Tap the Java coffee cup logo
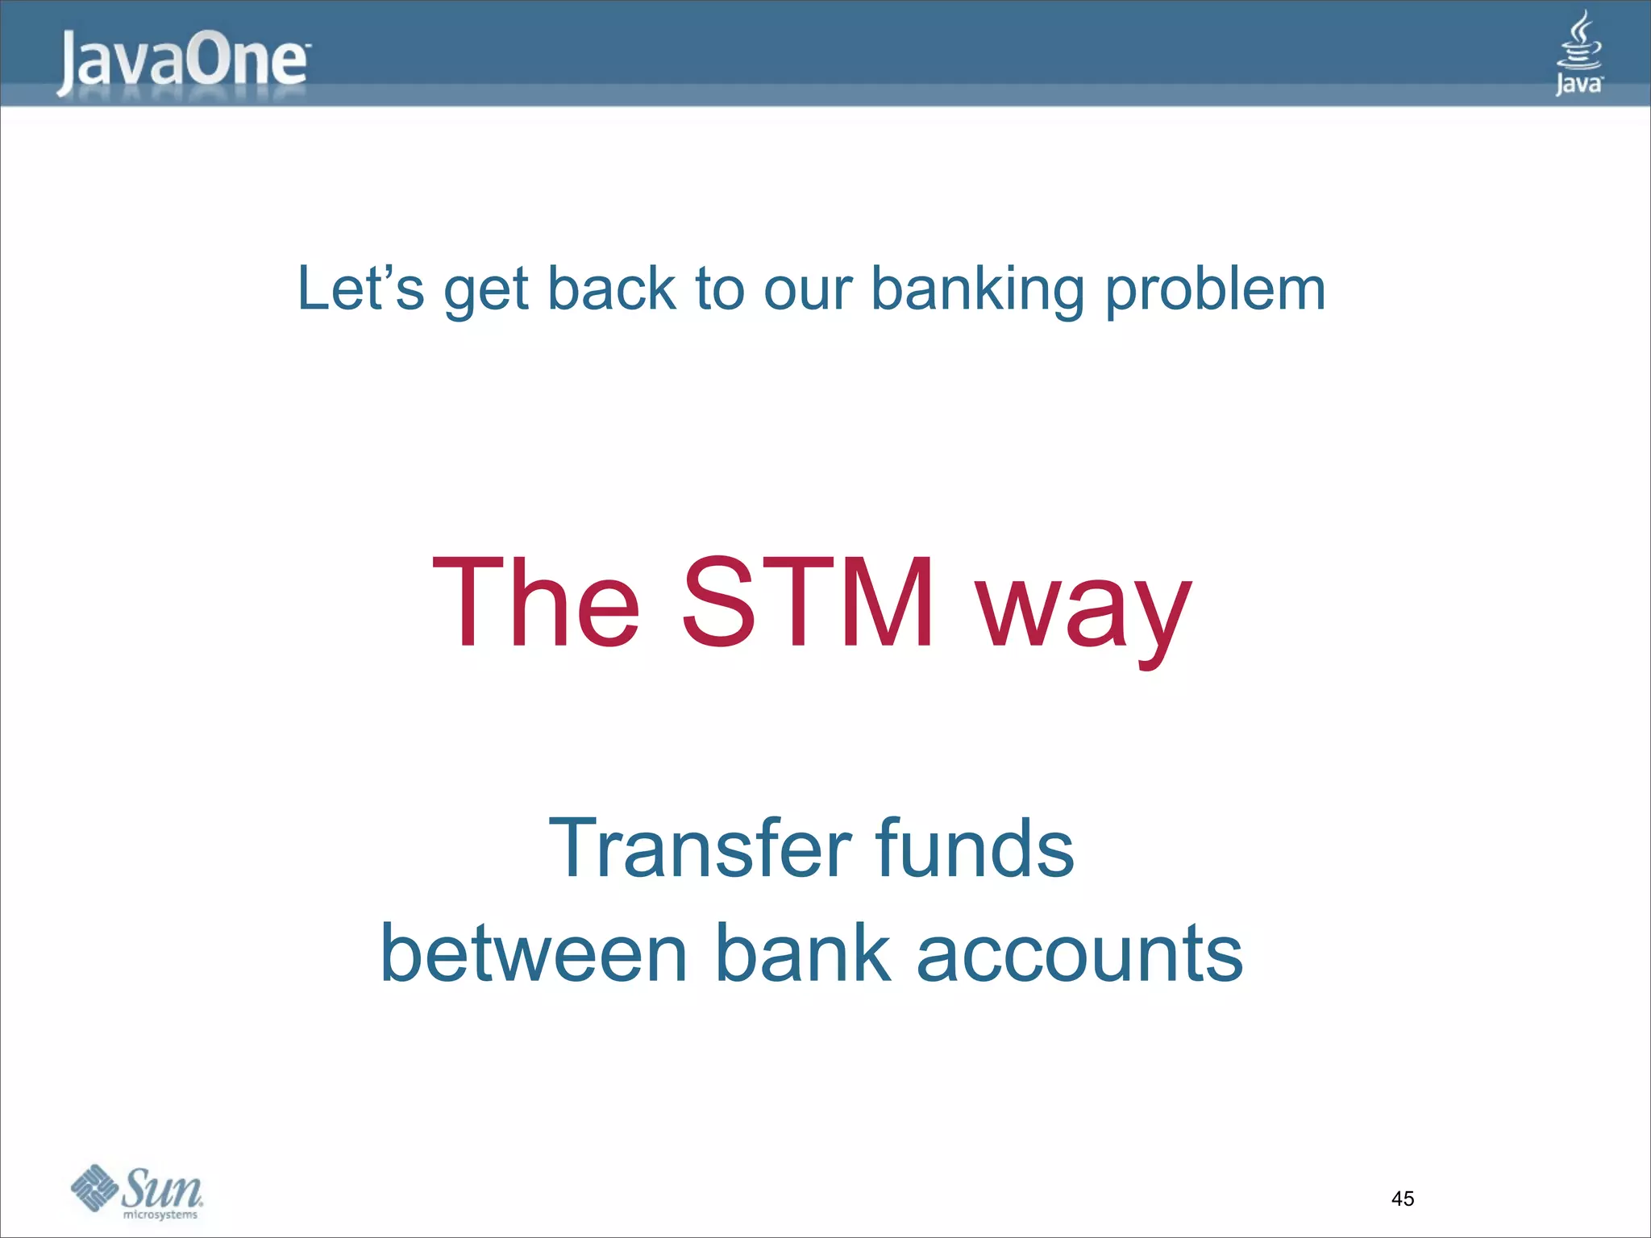click(1578, 53)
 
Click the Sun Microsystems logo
click(137, 1190)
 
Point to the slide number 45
click(1403, 1199)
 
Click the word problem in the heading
click(1215, 289)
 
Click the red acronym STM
click(809, 602)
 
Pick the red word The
click(536, 602)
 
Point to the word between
click(533, 953)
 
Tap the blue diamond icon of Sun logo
click(94, 1187)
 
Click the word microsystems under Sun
click(160, 1215)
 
